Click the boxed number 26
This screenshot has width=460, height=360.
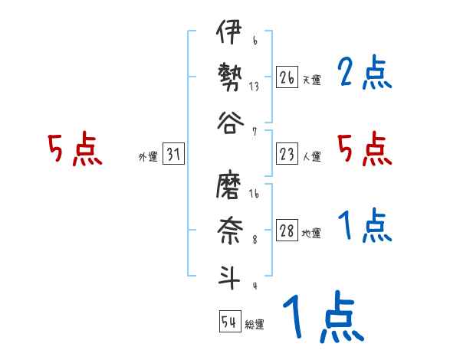[287, 77]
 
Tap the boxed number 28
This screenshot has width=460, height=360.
[287, 231]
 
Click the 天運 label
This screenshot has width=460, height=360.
[311, 80]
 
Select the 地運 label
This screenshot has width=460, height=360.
[311, 234]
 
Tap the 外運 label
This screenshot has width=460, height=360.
[148, 157]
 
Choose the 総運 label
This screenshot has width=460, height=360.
[255, 324]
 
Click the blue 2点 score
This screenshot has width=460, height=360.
[364, 74]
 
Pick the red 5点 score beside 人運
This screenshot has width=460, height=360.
[364, 149]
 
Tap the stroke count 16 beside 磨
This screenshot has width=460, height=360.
[254, 195]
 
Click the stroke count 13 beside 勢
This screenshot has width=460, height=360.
[254, 87]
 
